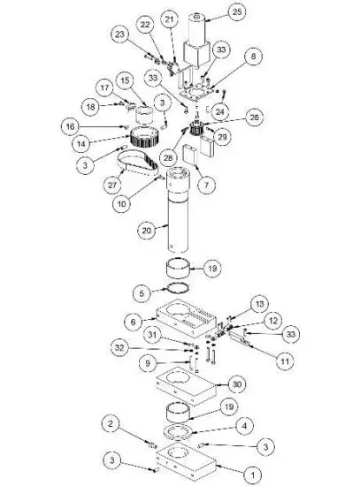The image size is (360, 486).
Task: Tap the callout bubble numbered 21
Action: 170,19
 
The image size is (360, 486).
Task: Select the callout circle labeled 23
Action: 121,33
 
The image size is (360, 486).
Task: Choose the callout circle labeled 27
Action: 112,185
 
